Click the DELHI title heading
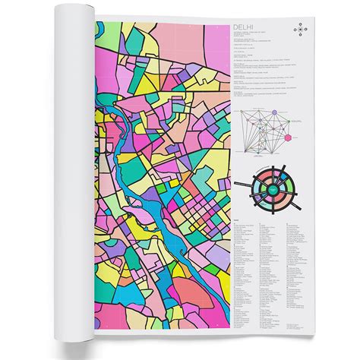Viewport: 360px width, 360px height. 245,27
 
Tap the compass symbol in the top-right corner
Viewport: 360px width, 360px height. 302,30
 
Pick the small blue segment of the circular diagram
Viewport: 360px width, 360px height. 283,177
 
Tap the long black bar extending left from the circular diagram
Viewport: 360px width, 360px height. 242,185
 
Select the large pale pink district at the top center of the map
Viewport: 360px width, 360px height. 163,42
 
